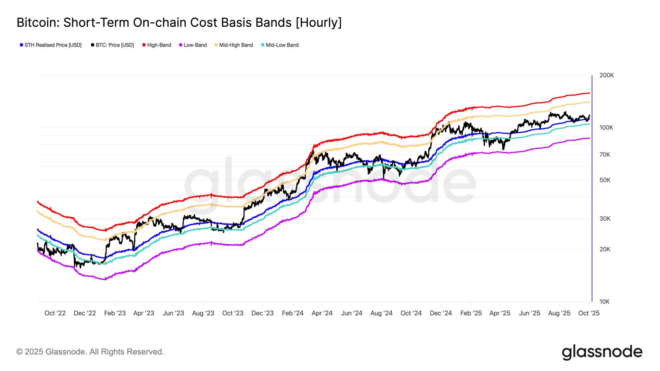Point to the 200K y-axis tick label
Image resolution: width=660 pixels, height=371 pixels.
click(606, 75)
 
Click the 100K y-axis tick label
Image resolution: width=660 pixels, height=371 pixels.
click(606, 128)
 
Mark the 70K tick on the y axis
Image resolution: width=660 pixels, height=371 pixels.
click(605, 155)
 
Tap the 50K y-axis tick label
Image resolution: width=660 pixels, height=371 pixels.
click(605, 180)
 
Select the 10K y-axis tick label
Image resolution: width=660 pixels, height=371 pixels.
click(604, 302)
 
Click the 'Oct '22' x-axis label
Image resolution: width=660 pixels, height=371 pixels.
click(55, 313)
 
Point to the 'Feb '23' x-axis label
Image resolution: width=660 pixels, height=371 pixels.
click(115, 313)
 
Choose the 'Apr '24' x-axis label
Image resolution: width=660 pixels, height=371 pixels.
click(322, 313)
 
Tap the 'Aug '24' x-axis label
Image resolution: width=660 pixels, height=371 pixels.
click(381, 313)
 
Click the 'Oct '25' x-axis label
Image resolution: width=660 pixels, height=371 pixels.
click(589, 313)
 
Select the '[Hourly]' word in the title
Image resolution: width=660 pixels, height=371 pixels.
click(318, 23)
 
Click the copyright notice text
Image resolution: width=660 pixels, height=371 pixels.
click(90, 352)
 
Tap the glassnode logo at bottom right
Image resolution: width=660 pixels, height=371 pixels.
click(602, 352)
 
